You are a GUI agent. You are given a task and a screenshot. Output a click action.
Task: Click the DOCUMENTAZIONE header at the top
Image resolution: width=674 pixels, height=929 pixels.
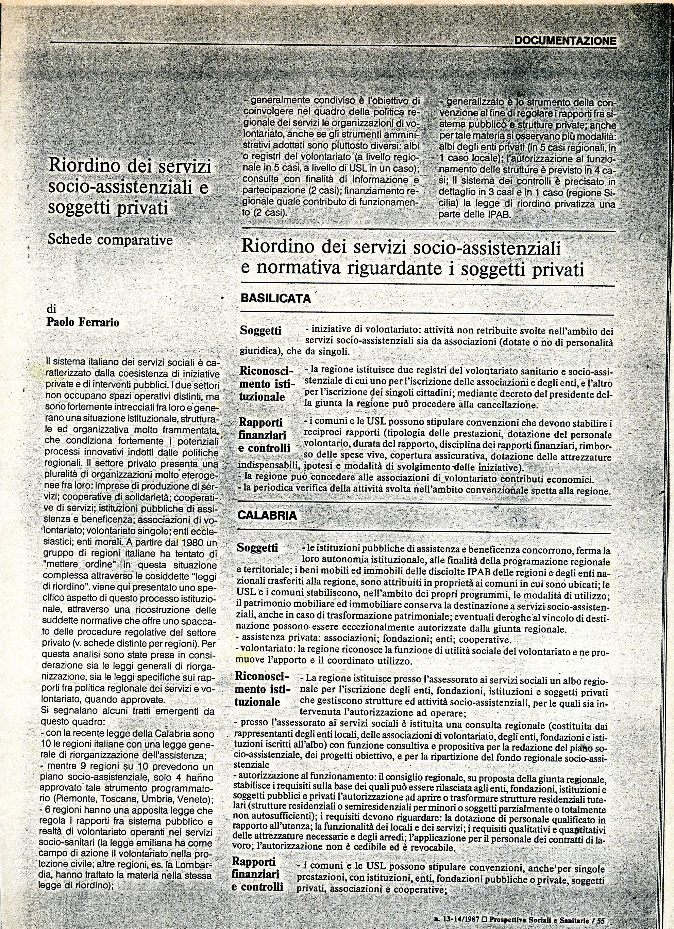[565, 41]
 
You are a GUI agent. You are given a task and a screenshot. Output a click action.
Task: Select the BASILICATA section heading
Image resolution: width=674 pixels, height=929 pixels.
[275, 299]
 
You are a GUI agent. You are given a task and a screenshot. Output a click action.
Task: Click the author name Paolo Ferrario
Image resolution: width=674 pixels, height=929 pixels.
[83, 322]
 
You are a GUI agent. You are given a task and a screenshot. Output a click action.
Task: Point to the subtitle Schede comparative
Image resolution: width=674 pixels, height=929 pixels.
[110, 240]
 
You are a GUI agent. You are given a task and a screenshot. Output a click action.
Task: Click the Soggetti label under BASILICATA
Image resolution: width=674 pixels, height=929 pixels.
[264, 330]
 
